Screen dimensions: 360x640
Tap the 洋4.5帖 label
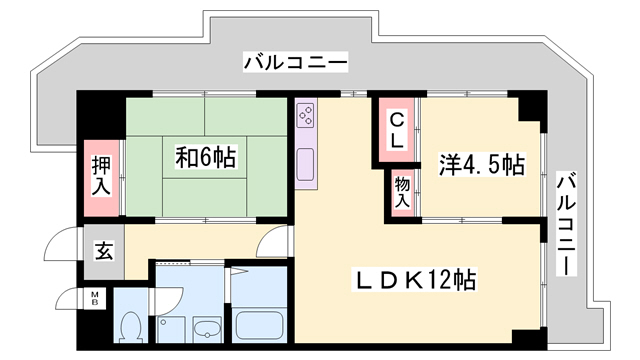[481, 164]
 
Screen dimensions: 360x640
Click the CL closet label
[396, 131]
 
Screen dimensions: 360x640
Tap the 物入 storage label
[401, 192]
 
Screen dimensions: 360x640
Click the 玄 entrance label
[104, 251]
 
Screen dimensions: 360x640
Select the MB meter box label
[96, 298]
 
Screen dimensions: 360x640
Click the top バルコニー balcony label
[294, 64]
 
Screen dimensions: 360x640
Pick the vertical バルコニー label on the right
[566, 226]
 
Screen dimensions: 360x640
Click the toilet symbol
[129, 326]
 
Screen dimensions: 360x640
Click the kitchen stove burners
[306, 115]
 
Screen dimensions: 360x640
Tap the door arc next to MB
[70, 300]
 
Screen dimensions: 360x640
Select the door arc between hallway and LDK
[272, 245]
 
